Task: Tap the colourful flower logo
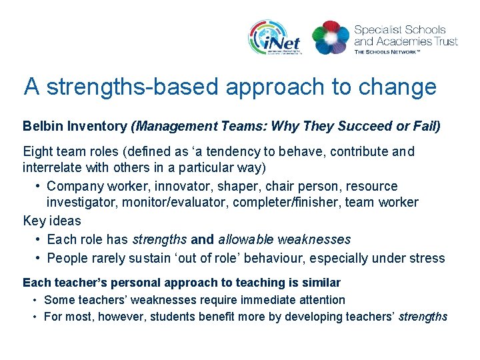click(330, 37)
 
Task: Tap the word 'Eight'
click(37, 152)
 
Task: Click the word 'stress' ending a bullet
click(427, 258)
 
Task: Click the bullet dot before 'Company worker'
click(39, 186)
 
